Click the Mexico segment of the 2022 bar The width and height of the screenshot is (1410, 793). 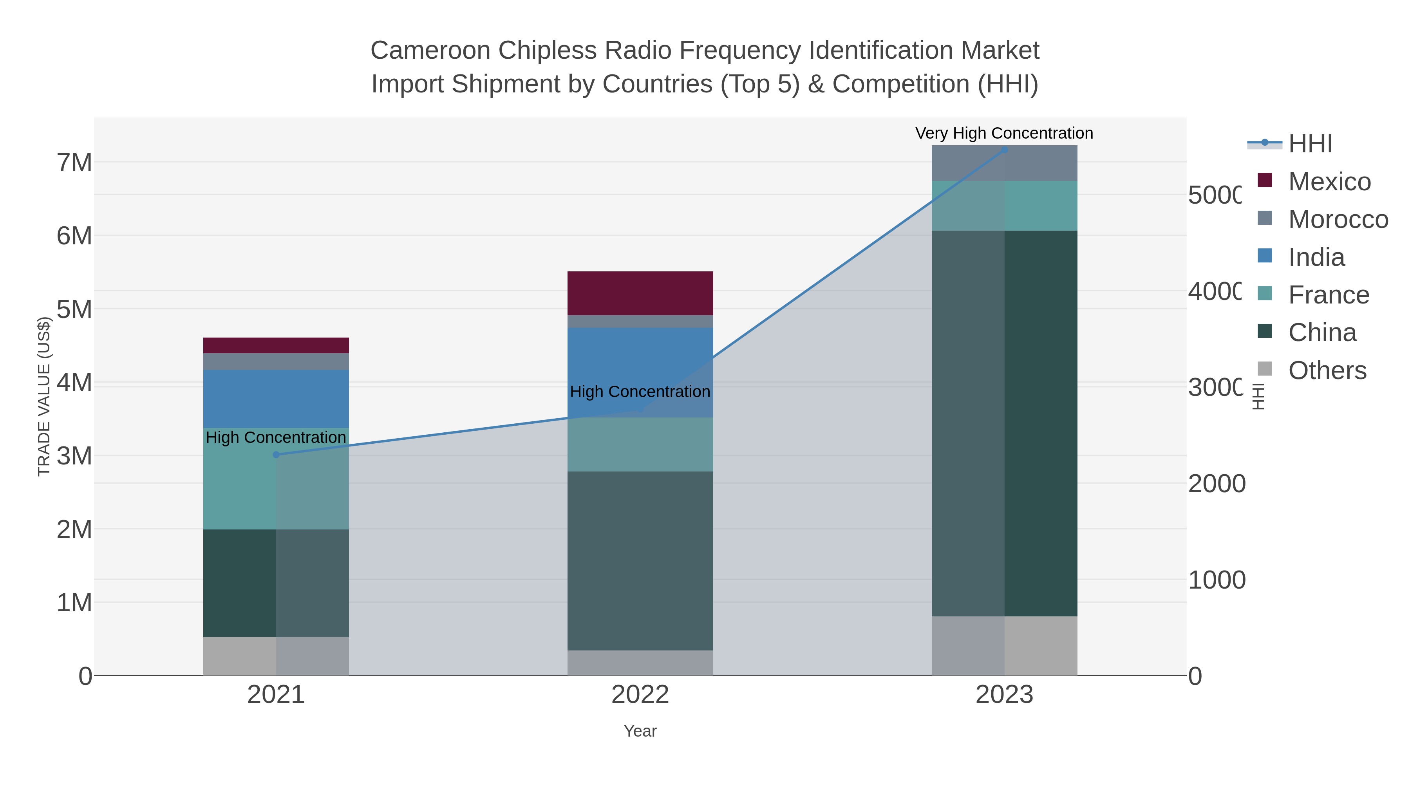tap(640, 293)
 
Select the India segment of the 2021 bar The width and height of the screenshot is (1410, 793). tap(276, 398)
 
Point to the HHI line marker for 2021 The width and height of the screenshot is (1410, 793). tap(276, 455)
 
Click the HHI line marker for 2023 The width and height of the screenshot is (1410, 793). tap(1004, 150)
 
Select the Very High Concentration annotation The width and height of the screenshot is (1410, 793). tap(1004, 133)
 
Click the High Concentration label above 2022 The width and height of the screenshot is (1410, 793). tap(640, 392)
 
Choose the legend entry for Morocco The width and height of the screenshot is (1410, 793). tap(1338, 219)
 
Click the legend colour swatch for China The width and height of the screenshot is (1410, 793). tap(1265, 331)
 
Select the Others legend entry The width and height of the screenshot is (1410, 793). tap(1327, 370)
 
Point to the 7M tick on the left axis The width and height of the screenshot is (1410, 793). tap(74, 163)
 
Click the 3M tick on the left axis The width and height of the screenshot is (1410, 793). tap(74, 456)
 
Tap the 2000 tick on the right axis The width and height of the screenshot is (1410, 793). tap(1216, 484)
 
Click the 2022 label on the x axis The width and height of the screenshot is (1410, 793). tap(640, 695)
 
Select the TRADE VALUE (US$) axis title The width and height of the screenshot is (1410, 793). tap(44, 396)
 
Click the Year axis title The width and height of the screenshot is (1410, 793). tap(640, 731)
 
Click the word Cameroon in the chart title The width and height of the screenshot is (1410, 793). tap(430, 51)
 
